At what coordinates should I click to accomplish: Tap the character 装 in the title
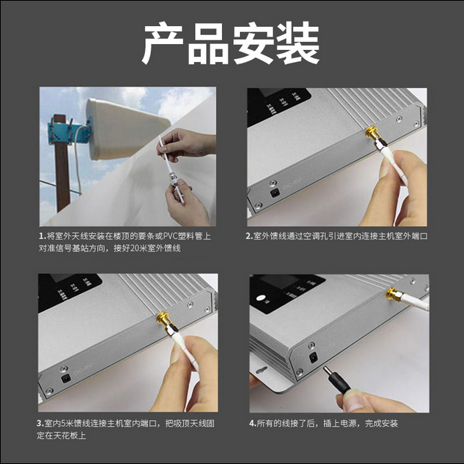pos(297,43)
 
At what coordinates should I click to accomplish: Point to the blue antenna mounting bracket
pos(69,133)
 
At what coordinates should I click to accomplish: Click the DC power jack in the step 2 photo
pos(274,193)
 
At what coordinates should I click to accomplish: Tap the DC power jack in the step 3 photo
pos(66,379)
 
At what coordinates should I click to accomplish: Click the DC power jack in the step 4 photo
pos(313,358)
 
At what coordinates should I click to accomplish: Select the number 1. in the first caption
pos(43,236)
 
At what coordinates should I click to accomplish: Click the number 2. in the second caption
pos(249,236)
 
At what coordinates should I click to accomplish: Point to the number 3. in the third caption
pos(40,424)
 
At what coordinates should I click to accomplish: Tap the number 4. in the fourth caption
pos(253,424)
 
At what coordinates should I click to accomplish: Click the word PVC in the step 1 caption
pos(171,236)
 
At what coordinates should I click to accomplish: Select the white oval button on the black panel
pos(261,298)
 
